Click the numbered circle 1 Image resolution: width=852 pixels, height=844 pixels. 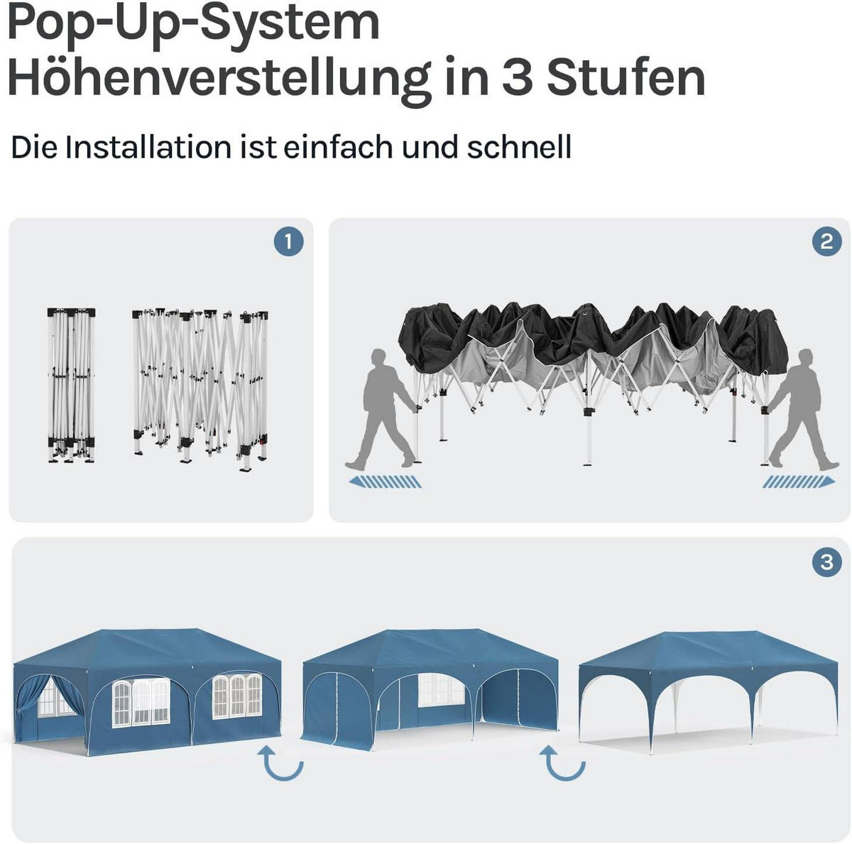[288, 242]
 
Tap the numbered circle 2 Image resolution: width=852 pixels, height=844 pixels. [826, 241]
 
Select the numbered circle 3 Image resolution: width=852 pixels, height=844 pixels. [826, 562]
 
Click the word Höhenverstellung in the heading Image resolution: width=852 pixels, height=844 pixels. [219, 78]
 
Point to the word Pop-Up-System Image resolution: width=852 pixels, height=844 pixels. [194, 22]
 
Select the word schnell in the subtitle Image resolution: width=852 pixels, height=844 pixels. [519, 147]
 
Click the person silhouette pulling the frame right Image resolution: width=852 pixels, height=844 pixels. [802, 409]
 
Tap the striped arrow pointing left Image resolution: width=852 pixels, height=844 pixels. [385, 481]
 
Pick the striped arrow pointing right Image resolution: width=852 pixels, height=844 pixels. [799, 481]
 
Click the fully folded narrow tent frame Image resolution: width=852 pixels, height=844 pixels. [71, 385]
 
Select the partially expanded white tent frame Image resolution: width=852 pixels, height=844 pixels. [200, 389]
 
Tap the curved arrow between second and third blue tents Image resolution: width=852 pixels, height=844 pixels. [562, 762]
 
